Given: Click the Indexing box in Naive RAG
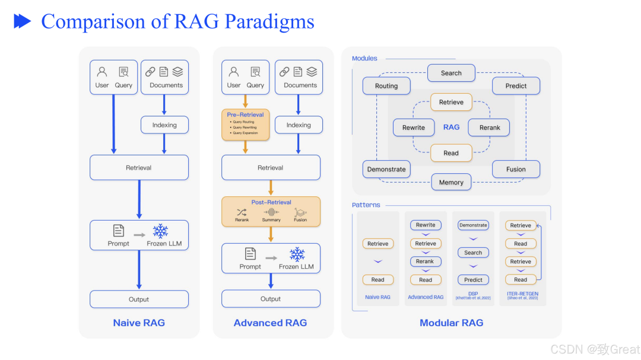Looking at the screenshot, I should [164, 125].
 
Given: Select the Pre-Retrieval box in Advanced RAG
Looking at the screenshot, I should [245, 124].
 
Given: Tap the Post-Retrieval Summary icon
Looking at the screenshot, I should [271, 212].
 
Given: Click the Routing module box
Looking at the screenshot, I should [386, 86].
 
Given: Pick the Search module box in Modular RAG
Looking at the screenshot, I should [451, 73].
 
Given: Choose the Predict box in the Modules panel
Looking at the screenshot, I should [516, 86].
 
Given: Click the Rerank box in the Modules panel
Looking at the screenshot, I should [490, 128].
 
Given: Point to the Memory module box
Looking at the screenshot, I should [451, 182].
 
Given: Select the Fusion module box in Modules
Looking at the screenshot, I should [516, 169].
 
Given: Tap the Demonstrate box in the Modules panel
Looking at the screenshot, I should [386, 169].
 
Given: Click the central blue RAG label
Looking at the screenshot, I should [451, 127].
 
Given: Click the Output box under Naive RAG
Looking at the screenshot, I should [139, 300].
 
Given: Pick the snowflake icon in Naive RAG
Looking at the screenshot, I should [160, 231].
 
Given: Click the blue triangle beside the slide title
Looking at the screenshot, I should [23, 22].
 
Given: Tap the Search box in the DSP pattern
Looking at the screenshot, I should [473, 253].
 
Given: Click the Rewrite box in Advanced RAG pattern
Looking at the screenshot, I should [426, 225].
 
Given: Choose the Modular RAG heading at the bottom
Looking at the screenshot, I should [451, 323].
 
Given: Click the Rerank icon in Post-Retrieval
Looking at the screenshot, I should [242, 212].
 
